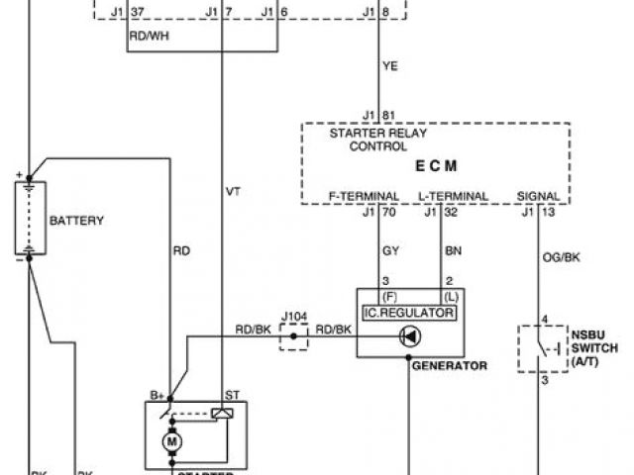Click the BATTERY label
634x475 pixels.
point(77,221)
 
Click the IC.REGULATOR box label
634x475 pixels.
point(409,313)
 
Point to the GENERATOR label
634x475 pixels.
point(449,365)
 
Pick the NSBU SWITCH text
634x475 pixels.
point(594,348)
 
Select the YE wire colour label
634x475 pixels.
point(391,68)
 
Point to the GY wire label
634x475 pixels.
point(390,251)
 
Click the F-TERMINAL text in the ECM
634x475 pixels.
point(365,196)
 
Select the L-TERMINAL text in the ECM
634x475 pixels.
point(453,196)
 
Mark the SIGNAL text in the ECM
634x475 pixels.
point(539,196)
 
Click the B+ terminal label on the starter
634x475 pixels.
point(158,395)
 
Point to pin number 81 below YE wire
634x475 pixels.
point(388,114)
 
